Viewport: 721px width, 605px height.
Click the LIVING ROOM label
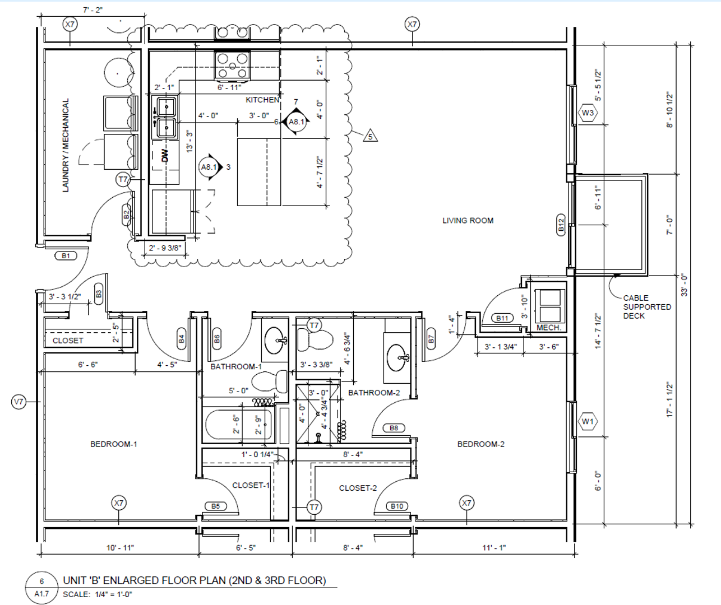[468, 221]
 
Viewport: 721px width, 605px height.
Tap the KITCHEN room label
[262, 100]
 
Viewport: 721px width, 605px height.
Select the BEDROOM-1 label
[114, 444]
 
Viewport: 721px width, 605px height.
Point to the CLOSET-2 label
[358, 488]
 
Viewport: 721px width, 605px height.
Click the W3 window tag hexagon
[588, 113]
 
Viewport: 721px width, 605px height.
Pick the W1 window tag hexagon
[588, 421]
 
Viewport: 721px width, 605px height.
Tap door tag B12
[561, 225]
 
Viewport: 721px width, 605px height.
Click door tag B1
[66, 256]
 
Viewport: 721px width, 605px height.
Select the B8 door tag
[394, 428]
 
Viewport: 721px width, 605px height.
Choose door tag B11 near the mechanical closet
[502, 318]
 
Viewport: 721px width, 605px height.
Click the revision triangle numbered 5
[370, 136]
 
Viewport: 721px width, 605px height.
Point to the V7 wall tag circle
[19, 402]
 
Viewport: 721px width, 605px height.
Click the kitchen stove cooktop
[232, 66]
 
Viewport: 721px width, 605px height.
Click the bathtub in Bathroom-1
[239, 425]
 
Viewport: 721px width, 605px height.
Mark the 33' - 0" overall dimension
[684, 285]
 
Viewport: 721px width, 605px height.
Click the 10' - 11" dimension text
[120, 548]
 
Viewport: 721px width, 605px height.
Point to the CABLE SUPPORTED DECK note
[647, 307]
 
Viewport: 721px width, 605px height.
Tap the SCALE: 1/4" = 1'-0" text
[98, 594]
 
